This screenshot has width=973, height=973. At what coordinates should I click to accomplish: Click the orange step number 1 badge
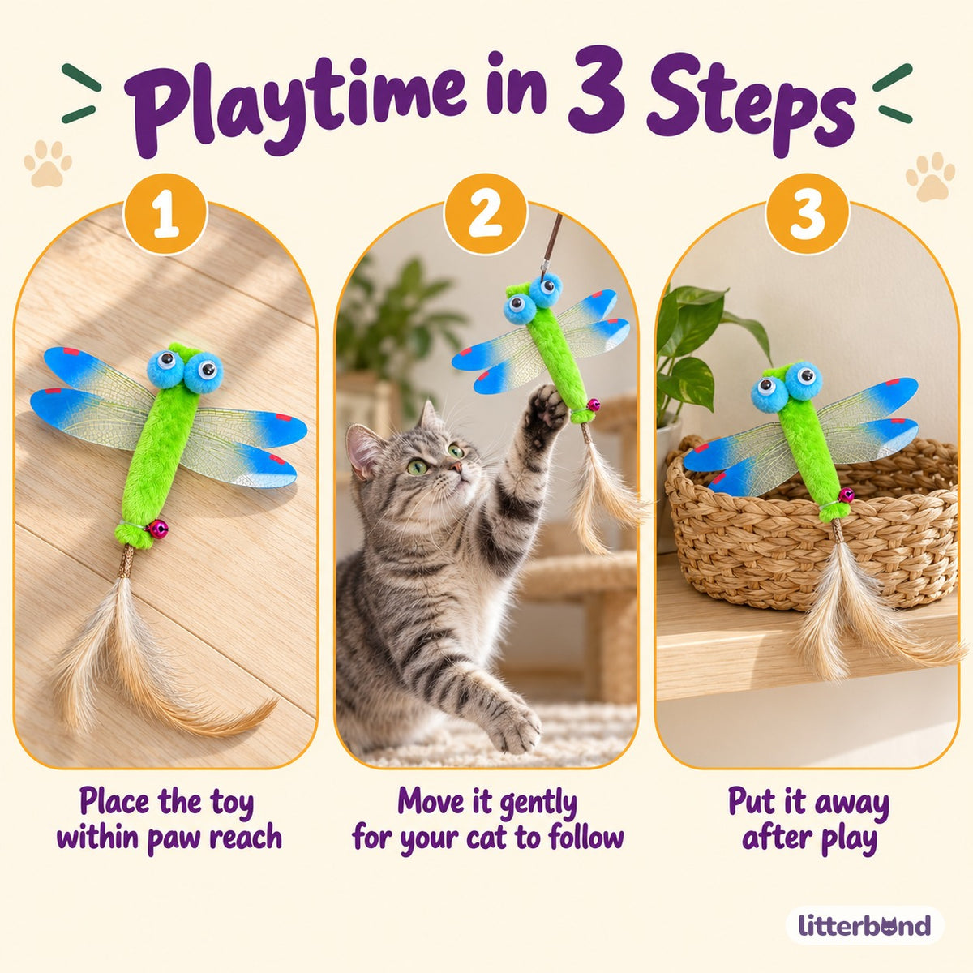click(x=165, y=213)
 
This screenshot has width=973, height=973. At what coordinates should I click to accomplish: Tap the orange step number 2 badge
click(x=486, y=213)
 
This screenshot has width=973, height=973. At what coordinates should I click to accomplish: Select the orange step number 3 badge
click(x=807, y=213)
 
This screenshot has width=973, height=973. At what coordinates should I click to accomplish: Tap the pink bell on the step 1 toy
click(x=159, y=529)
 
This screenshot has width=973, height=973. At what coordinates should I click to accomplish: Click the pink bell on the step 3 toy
click(x=847, y=495)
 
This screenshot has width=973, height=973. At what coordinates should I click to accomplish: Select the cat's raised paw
click(x=546, y=409)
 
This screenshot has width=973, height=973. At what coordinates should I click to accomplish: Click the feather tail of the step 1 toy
click(x=152, y=657)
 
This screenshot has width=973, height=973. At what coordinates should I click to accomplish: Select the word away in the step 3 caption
click(x=852, y=802)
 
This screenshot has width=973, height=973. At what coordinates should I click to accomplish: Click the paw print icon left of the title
click(x=49, y=163)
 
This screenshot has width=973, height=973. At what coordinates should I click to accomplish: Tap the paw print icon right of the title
click(x=930, y=176)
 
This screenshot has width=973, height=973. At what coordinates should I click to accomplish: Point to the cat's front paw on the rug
click(x=512, y=727)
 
